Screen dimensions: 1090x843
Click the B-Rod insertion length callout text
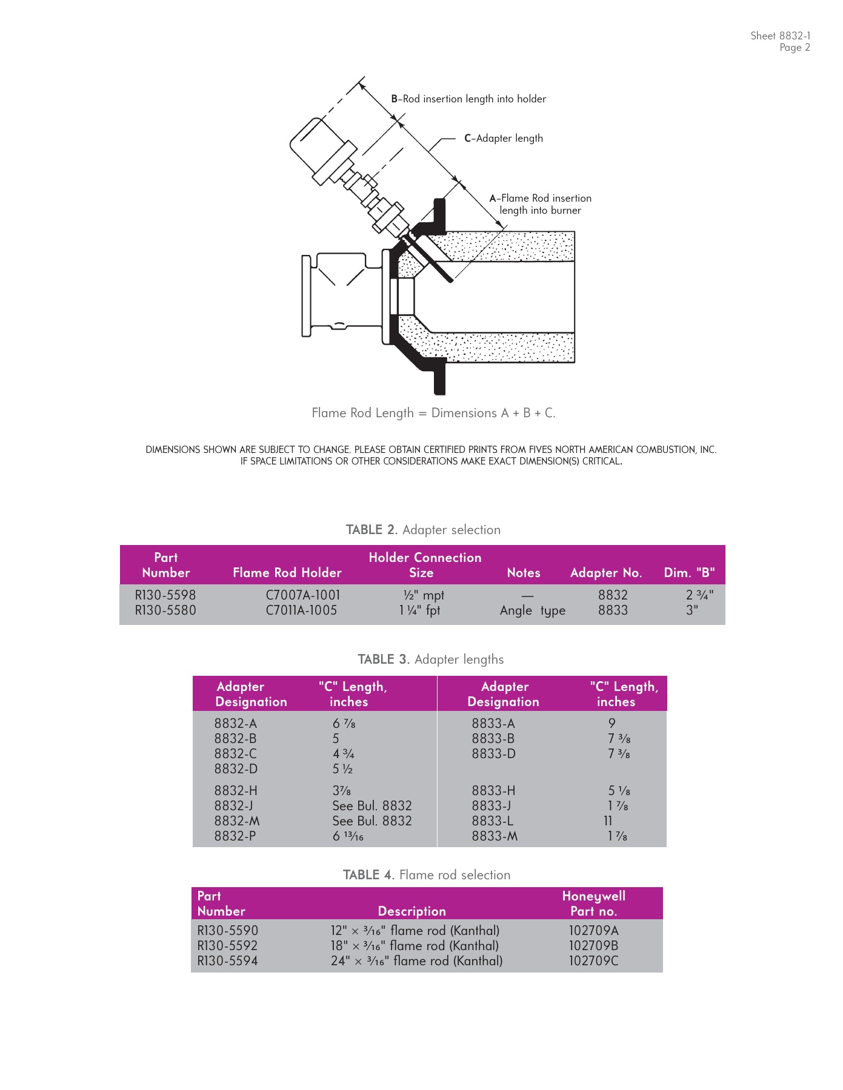tap(468, 99)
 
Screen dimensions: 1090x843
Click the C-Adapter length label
tap(503, 138)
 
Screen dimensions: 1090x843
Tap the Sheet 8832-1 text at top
tap(780, 36)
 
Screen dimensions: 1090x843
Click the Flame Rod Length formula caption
tap(433, 413)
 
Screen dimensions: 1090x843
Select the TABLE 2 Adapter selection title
tap(423, 530)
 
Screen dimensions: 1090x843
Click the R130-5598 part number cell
tap(165, 595)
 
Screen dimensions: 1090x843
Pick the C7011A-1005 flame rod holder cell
tap(301, 610)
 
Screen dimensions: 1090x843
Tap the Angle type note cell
tap(532, 610)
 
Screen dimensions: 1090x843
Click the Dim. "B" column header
tap(689, 573)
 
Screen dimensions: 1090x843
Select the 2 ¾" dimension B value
tap(699, 595)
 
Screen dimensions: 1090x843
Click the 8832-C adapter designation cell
tap(235, 754)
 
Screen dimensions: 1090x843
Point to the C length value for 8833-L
tap(608, 821)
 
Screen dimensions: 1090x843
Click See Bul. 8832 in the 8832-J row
tap(372, 806)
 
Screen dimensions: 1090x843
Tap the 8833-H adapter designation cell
tap(493, 791)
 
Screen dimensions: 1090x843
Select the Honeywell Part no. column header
tap(593, 903)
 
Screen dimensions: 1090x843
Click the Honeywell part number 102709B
tap(593, 946)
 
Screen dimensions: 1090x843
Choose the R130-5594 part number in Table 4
tap(227, 961)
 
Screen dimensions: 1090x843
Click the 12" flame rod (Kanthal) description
tap(415, 931)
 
